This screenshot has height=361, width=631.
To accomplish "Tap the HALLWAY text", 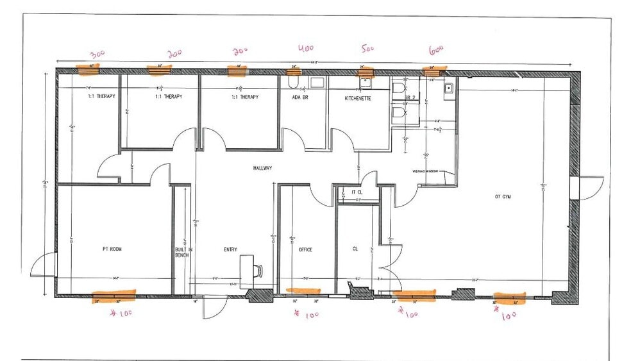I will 263,168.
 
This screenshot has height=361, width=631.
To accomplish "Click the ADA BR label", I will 301,97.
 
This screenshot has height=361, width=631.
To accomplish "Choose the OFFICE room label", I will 305,249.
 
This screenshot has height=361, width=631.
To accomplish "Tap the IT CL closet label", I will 358,192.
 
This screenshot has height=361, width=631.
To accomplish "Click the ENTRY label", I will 231,249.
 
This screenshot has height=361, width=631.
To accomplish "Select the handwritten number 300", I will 97,54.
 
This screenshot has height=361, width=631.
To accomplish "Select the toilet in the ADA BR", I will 292,83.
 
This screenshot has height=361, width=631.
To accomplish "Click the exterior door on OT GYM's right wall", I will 592,188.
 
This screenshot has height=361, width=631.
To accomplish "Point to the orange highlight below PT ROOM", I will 114,296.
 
